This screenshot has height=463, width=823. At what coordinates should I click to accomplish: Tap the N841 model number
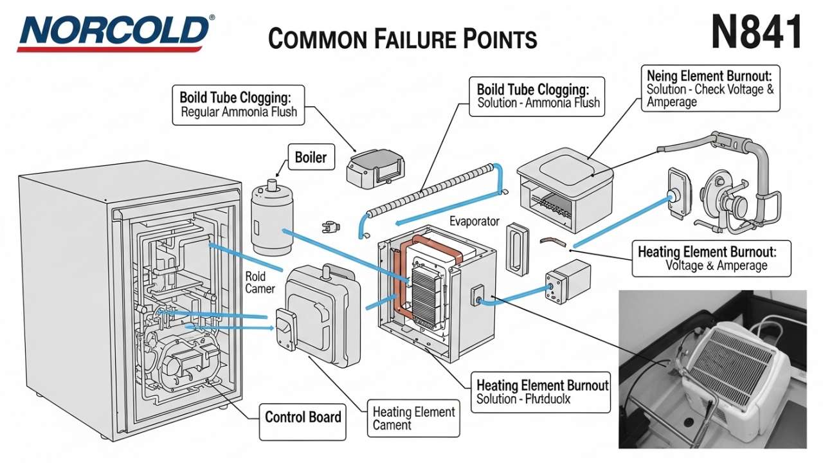pos(757,32)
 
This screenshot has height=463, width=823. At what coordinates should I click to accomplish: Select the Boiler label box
pos(311,158)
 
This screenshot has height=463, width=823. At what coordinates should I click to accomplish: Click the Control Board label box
pos(303,417)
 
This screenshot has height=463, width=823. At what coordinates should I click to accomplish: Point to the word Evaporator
pos(475,222)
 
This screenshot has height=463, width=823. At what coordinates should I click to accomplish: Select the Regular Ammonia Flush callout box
pos(239,105)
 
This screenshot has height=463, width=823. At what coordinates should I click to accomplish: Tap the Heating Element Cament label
pos(413,419)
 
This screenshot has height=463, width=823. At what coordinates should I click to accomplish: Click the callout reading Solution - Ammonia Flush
pos(538,96)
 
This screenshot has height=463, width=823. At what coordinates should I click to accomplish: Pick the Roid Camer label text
pos(260,282)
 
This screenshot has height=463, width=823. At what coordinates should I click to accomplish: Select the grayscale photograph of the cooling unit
pos(712,369)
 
